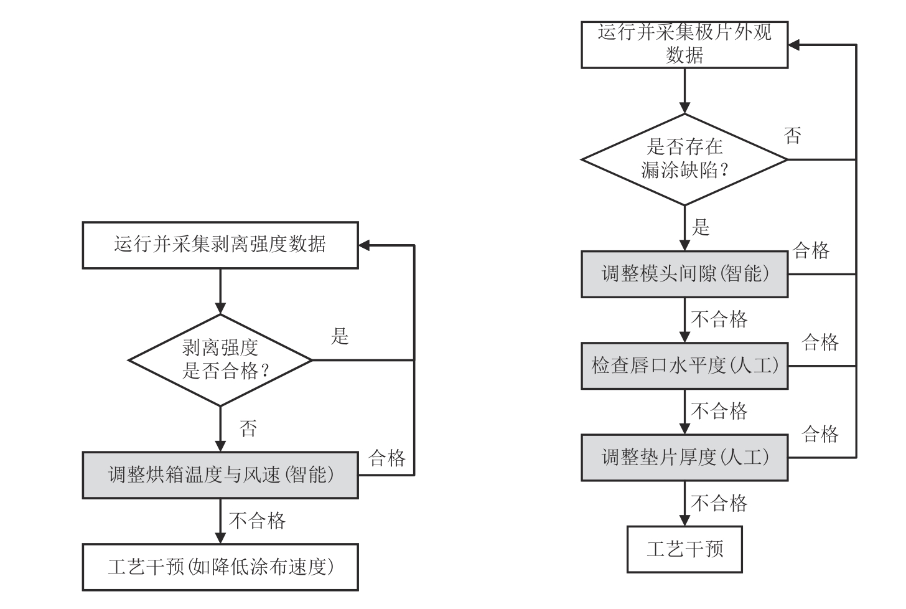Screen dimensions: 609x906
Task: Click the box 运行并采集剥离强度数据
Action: (x=220, y=245)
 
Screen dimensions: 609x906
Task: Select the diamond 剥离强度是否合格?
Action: (x=220, y=360)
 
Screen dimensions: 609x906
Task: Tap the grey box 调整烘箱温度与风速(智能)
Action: (x=220, y=475)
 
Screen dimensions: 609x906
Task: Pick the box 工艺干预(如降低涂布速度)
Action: (x=220, y=567)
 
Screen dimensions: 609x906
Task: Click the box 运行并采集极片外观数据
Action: (x=684, y=45)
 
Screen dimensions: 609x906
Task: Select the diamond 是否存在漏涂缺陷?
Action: (x=684, y=159)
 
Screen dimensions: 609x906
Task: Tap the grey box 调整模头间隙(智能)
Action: (x=684, y=274)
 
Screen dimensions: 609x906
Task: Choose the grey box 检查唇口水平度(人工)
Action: (x=684, y=366)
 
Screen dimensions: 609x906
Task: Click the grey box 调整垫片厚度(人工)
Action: (x=684, y=458)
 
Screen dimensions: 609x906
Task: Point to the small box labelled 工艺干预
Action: (x=684, y=549)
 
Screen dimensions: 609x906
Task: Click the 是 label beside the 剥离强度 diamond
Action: (x=340, y=337)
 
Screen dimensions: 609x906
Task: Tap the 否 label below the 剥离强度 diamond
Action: (x=248, y=428)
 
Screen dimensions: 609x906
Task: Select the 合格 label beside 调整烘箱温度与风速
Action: (x=387, y=459)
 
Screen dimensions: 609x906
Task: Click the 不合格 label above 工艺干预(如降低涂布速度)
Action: (x=258, y=521)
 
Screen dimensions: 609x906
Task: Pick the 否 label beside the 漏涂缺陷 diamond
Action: (x=792, y=136)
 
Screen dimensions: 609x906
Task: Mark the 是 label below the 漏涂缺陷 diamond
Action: (x=701, y=228)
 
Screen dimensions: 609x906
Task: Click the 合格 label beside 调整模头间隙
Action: (x=811, y=251)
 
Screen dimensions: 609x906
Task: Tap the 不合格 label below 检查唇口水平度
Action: (x=719, y=411)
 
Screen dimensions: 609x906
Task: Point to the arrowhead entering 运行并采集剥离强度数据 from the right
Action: (x=365, y=245)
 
